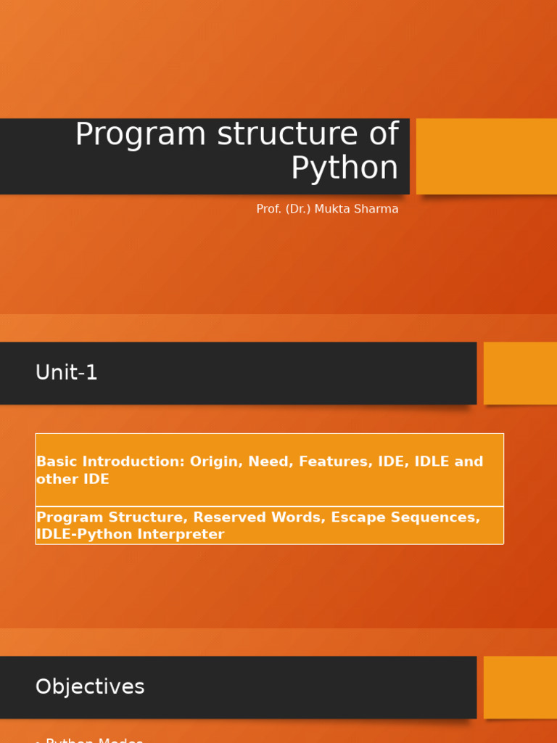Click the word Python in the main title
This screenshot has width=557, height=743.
click(344, 168)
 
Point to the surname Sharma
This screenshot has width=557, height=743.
click(376, 209)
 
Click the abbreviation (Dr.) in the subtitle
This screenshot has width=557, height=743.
click(297, 209)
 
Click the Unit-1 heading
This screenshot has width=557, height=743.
click(67, 373)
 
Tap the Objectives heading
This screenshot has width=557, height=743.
click(90, 687)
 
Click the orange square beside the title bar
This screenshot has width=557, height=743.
click(486, 156)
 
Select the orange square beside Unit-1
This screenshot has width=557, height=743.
click(520, 373)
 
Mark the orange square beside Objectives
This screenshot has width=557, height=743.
click(520, 687)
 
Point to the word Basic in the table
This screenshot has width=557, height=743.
click(57, 461)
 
